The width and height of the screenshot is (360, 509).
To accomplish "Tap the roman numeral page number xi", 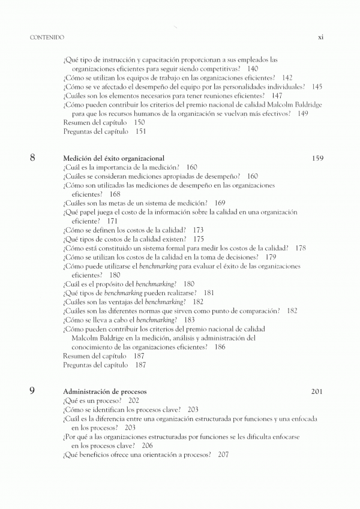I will pos(320,37).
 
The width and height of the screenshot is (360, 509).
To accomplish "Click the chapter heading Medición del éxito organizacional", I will pos(113,158).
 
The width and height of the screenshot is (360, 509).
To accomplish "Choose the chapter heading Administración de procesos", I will pos(103,391).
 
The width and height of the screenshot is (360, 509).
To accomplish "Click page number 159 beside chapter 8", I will pos(317,158).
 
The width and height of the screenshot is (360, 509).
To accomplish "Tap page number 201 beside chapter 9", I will pos(317,391).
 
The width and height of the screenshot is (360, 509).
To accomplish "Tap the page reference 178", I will pos(301,248).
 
